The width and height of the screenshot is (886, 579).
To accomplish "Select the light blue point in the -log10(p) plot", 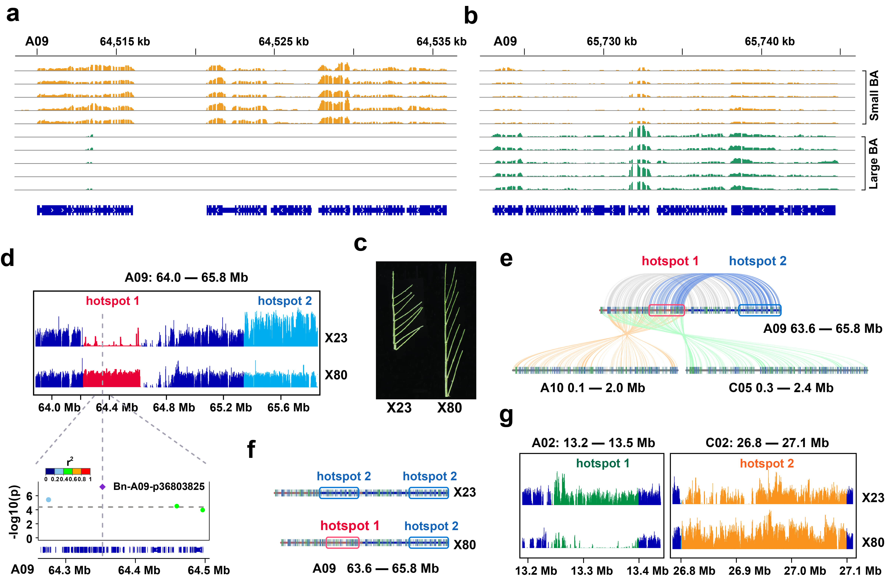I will click(48, 499).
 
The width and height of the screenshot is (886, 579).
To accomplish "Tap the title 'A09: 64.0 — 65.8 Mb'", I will click(186, 278).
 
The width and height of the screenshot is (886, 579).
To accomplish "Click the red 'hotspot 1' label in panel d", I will click(112, 301).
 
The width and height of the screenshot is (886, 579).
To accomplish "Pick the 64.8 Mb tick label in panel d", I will click(174, 407).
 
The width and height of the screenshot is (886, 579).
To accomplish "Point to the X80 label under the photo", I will click(449, 408).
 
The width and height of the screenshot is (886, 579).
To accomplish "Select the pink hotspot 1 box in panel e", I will click(666, 310).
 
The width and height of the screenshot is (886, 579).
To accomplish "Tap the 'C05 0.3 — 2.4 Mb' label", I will click(781, 388).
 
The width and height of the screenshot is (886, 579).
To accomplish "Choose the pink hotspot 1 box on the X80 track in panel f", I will click(342, 543).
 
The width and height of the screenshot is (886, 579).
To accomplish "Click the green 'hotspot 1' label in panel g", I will click(602, 463).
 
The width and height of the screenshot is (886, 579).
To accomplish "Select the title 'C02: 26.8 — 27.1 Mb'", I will click(767, 443).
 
